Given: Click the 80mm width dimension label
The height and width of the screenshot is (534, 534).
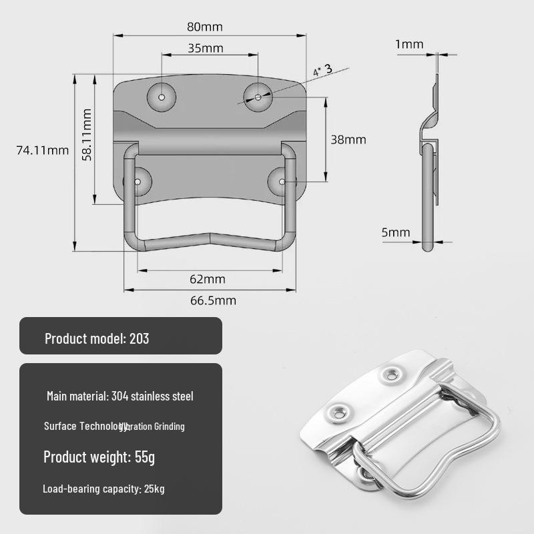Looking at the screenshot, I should [204, 27].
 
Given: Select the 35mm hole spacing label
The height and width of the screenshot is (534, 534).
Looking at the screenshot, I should [205, 48].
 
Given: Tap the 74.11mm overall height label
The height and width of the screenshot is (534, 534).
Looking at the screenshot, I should [43, 150].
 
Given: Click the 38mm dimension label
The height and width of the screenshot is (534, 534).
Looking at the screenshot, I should [348, 140].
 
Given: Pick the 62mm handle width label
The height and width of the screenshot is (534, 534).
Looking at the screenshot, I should [208, 278].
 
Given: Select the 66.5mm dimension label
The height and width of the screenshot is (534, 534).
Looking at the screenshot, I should [214, 300].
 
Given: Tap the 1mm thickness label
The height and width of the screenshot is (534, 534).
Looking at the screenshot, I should [409, 45].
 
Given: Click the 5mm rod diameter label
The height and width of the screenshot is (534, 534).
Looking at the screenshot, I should [396, 232].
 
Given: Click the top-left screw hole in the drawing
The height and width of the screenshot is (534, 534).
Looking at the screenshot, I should [162, 96].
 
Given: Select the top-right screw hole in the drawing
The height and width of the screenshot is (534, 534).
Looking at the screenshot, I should [258, 97].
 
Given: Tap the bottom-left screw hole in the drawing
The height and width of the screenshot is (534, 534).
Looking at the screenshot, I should [139, 182].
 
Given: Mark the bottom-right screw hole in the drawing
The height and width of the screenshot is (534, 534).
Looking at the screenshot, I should [282, 182].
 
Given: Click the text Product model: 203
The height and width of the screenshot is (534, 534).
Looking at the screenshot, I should [97, 338].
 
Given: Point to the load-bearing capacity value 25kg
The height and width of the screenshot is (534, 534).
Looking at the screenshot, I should [154, 489].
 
